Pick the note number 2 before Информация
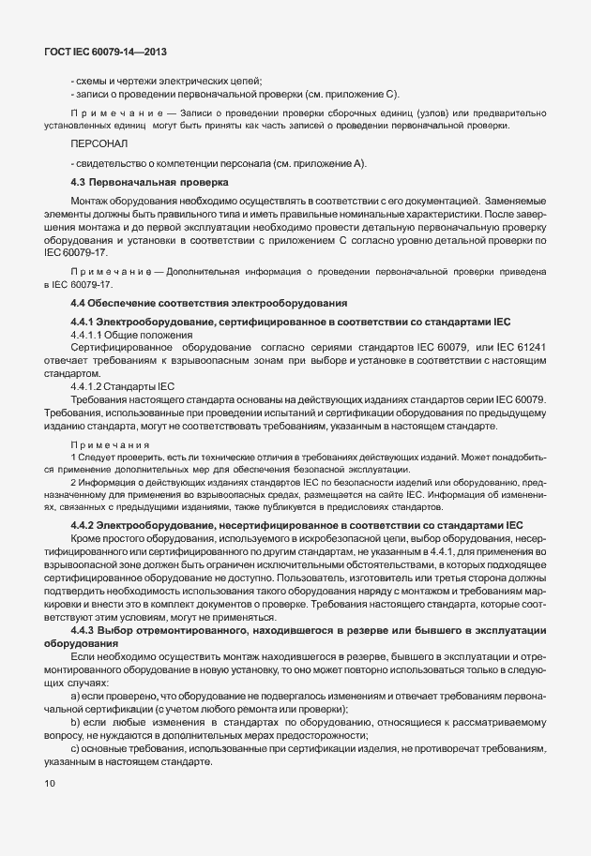73,481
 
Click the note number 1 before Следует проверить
73,456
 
